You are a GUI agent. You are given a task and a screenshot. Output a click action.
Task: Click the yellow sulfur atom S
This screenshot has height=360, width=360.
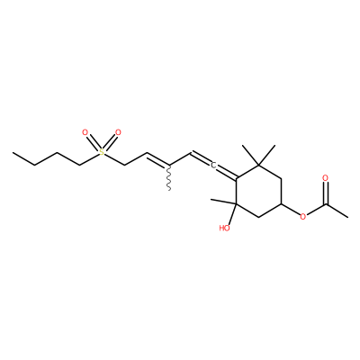102,152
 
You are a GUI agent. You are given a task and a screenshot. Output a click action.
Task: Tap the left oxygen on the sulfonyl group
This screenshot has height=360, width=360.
85,132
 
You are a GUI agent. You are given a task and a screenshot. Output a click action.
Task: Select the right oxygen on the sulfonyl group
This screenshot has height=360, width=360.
118,132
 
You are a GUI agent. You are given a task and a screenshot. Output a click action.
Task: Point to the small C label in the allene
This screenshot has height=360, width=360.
213,165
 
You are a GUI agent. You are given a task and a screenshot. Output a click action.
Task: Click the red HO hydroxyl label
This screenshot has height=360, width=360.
225,229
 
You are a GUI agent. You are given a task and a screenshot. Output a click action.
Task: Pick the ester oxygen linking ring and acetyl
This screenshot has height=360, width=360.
303,216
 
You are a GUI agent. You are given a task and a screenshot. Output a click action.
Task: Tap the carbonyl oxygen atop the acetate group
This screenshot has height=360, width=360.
326,178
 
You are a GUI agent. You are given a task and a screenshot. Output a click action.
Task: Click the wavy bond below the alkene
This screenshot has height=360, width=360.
169,177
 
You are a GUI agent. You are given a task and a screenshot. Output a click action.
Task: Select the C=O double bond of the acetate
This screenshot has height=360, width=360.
326,193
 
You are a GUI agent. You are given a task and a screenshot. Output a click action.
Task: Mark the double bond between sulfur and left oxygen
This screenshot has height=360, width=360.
93,143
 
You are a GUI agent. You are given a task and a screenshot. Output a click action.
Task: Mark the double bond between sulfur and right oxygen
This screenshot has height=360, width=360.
110,143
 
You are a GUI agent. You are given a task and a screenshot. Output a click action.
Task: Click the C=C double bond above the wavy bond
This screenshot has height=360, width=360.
157,160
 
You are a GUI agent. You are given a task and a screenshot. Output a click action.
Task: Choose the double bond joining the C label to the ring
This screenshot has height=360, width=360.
227,173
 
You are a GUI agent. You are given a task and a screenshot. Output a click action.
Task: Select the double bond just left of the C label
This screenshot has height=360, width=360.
201,159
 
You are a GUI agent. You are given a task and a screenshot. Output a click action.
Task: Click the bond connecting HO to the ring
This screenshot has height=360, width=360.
232,214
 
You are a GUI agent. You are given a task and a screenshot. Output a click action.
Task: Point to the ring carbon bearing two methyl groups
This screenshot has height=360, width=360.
258,165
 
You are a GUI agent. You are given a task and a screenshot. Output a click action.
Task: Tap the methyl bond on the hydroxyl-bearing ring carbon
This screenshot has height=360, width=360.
223,202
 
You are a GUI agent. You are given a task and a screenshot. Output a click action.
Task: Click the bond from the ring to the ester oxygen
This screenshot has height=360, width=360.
291,210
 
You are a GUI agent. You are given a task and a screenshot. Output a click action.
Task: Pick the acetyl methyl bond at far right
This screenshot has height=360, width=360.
337,211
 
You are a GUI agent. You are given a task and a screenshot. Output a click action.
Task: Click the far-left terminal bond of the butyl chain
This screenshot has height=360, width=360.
23,158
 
